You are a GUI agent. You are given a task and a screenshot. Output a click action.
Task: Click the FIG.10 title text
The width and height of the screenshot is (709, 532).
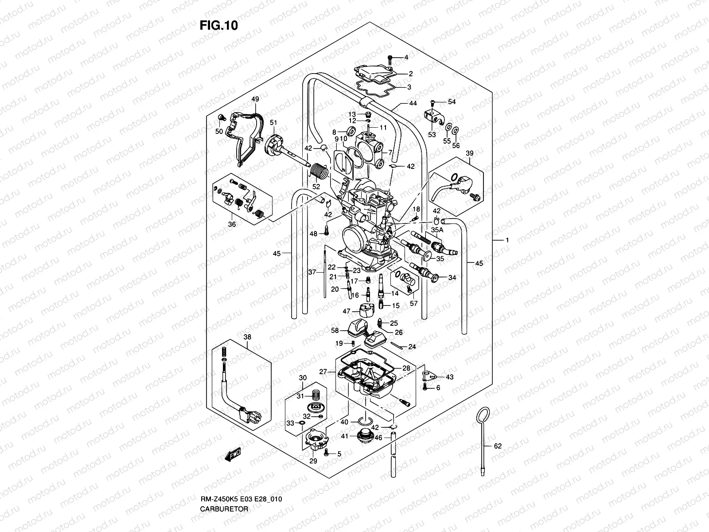coord(218,26)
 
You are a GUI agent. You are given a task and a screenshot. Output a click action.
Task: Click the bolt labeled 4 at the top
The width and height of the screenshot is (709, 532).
coord(390,58)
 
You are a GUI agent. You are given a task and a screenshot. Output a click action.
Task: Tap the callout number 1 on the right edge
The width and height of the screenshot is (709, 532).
coord(507,240)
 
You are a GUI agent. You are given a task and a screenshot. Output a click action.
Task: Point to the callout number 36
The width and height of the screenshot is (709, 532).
coord(232,224)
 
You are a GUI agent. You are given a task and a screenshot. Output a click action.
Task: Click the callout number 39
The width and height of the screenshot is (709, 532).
coord(469,153)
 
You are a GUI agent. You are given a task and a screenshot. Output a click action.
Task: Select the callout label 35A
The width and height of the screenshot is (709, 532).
coord(437,230)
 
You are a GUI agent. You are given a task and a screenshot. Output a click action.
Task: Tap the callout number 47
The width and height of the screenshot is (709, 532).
coord(346,312)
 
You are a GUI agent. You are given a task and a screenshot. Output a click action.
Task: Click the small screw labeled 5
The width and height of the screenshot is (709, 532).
coord(327,453)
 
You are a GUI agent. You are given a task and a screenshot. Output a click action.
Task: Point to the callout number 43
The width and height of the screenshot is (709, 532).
coord(449,377)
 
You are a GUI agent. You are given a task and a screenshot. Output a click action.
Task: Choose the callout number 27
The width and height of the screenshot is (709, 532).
coord(323,372)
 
